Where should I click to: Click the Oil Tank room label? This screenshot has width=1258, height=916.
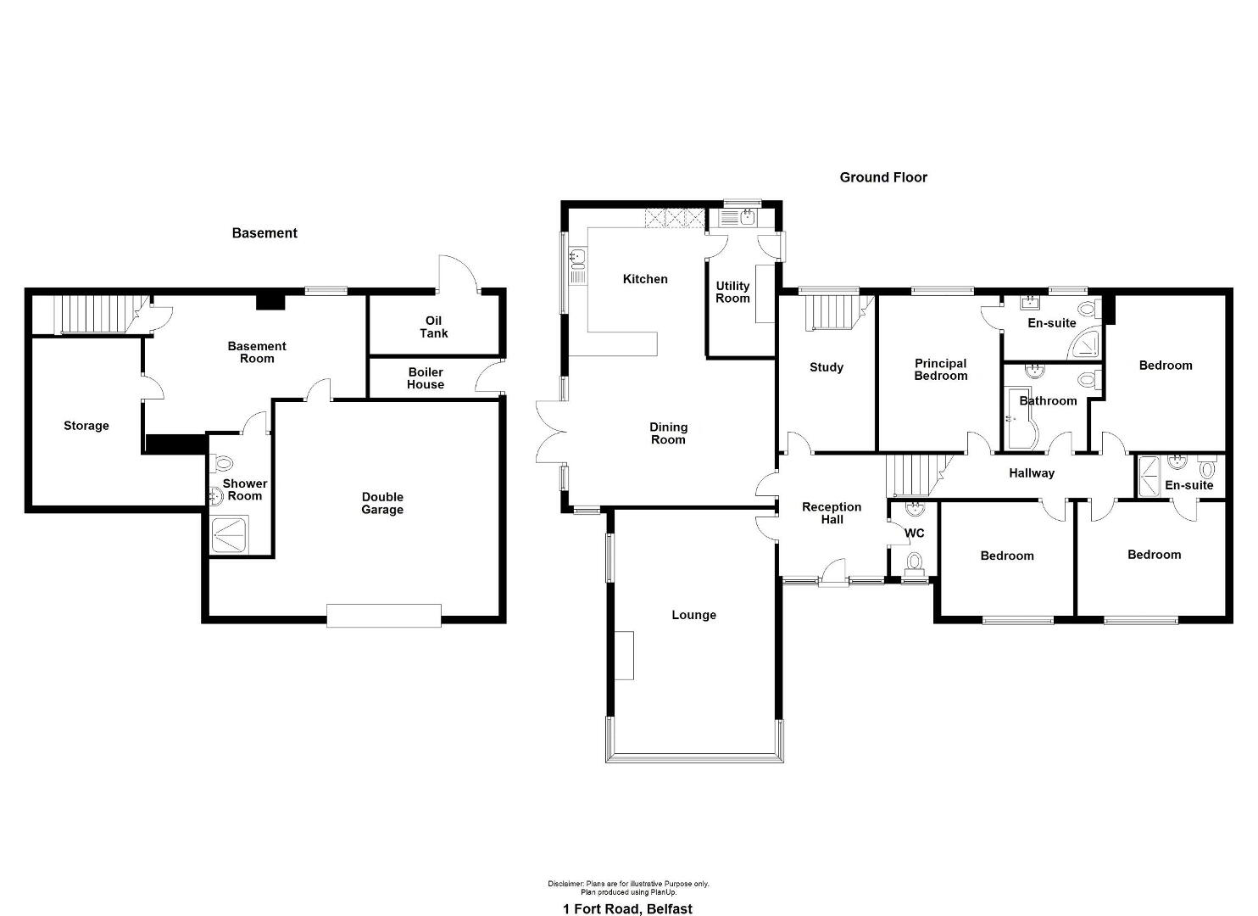[x=433, y=327]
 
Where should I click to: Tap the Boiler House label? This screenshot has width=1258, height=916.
[x=426, y=378]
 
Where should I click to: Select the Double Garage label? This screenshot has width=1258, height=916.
[x=382, y=503]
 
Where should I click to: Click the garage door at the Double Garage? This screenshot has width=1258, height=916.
[x=384, y=616]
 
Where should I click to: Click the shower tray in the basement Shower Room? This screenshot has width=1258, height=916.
[x=231, y=533]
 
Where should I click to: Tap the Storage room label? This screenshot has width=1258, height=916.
[x=86, y=426]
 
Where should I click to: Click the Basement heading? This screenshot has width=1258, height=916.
[x=264, y=232]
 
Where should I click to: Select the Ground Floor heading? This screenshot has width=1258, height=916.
[x=883, y=177]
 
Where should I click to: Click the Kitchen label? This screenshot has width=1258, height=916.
[x=645, y=279]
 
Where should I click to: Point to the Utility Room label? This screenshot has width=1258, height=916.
[x=732, y=293]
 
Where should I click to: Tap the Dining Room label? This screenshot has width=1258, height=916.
[x=668, y=433]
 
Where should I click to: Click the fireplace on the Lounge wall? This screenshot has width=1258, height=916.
[x=624, y=656]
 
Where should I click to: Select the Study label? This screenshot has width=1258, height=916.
[x=827, y=367]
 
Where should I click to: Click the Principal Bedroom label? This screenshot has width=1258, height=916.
[x=941, y=370]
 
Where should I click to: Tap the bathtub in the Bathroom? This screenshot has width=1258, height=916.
[x=1019, y=418]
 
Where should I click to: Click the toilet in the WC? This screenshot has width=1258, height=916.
[x=915, y=563]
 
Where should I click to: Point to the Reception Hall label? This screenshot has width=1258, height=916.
[x=832, y=513]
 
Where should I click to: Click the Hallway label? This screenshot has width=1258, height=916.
[x=1032, y=473]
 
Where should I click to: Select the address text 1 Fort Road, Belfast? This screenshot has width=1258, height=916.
[x=628, y=893]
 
